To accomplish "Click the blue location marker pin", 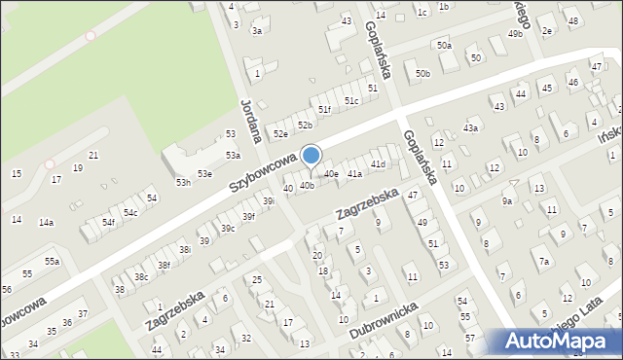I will click(x=311, y=156).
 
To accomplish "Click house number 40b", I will click(x=307, y=185).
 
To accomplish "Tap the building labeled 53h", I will click(x=183, y=182).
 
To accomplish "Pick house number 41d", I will click(x=378, y=163).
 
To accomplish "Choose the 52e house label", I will click(x=280, y=133).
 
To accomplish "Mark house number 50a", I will click(x=444, y=46).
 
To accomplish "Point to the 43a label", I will click(x=471, y=127).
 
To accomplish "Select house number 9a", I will click(x=507, y=201).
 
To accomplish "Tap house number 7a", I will click(x=545, y=262).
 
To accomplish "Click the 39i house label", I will click(x=269, y=201).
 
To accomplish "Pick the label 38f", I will click(x=164, y=265).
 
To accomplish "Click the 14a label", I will click(x=46, y=223).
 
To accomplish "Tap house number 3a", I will click(x=257, y=31).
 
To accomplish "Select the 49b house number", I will click(x=515, y=34).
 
